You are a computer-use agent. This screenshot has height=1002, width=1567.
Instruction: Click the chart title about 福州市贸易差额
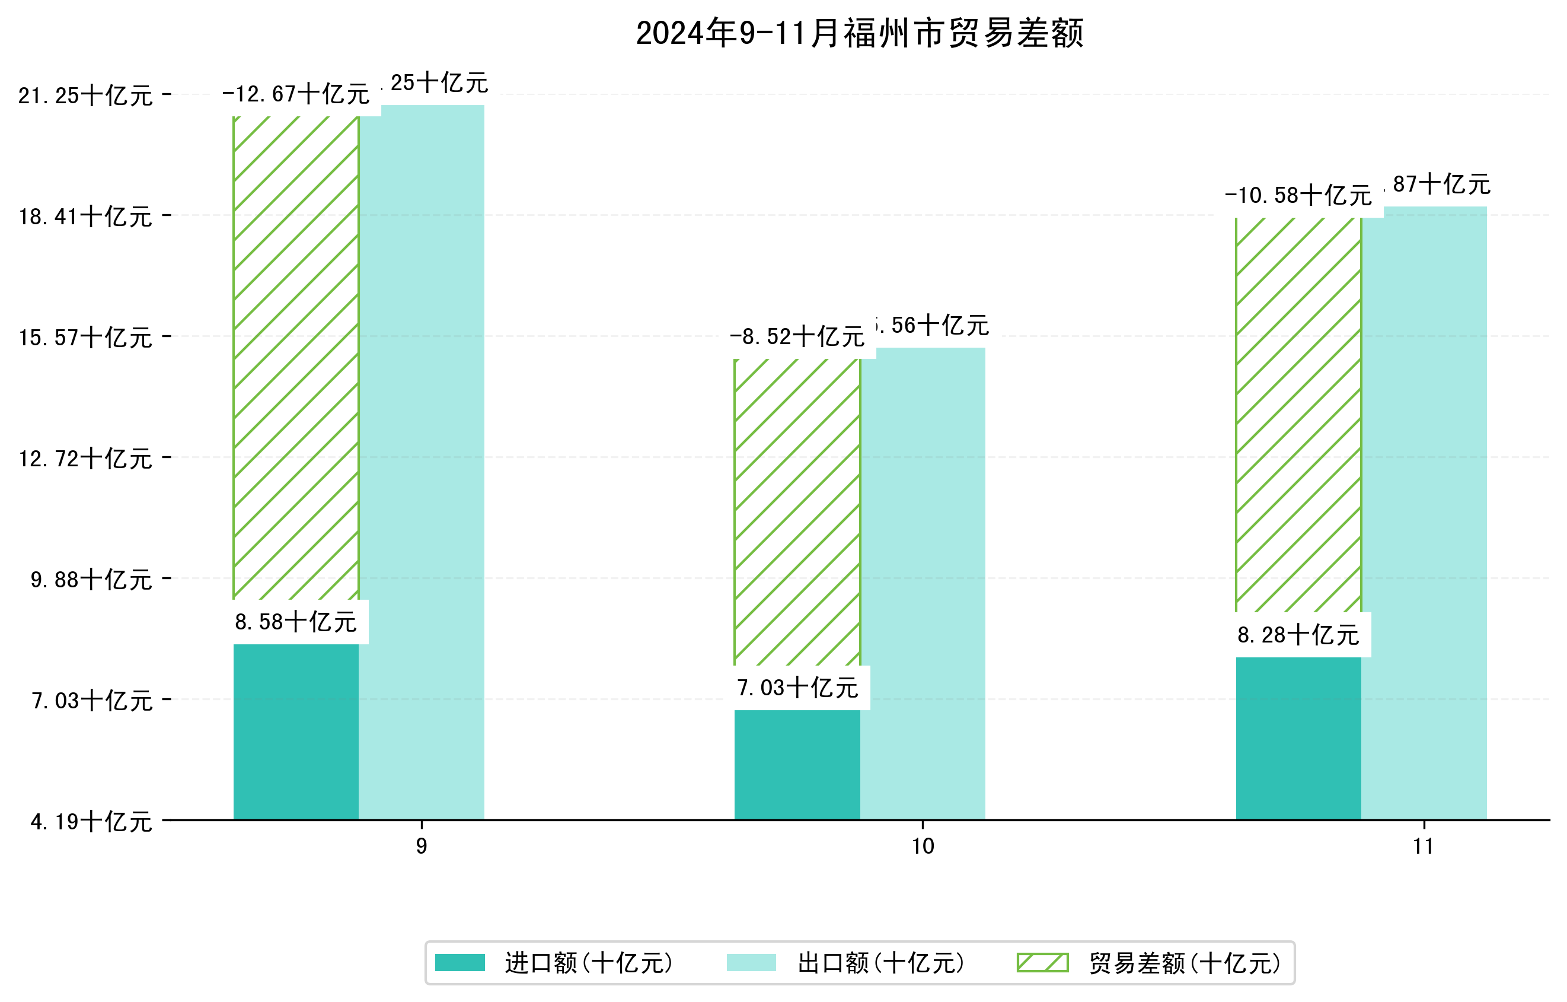(x=859, y=34)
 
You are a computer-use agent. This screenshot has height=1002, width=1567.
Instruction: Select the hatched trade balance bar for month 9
(x=295, y=358)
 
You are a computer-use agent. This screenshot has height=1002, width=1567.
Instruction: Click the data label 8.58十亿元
(x=295, y=622)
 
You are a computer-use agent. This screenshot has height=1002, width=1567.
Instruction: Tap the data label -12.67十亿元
(x=295, y=94)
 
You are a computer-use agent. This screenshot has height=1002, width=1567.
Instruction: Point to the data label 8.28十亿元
(x=1298, y=635)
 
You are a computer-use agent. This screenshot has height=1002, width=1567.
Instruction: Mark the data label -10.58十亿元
(x=1298, y=196)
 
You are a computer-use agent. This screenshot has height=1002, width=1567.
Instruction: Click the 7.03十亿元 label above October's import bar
(x=797, y=688)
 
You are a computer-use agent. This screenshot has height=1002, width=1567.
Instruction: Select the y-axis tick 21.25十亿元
(x=85, y=96)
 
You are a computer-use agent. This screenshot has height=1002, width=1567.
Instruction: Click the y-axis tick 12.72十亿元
(x=85, y=459)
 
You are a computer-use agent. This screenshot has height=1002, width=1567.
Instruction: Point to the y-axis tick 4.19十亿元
(x=91, y=822)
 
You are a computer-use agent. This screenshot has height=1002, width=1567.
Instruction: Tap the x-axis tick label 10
(x=922, y=847)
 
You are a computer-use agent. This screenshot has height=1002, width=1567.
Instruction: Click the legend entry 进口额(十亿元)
(x=588, y=963)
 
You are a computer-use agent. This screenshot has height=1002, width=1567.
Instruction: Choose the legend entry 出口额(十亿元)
(x=880, y=963)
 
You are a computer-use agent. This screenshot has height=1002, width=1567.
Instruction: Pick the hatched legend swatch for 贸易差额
(x=1042, y=962)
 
